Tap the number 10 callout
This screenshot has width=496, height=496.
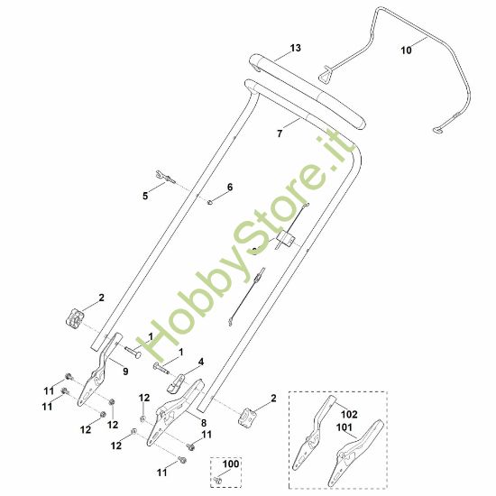pyautogui.click(x=406, y=51)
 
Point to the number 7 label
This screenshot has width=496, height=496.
pyautogui.click(x=280, y=133)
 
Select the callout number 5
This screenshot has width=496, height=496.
pyautogui.click(x=145, y=196)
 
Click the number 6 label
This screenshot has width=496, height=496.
pyautogui.click(x=229, y=187)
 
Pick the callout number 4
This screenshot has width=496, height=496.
pyautogui.click(x=201, y=362)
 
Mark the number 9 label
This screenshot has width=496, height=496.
pyautogui.click(x=124, y=371)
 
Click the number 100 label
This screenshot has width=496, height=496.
pyautogui.click(x=231, y=464)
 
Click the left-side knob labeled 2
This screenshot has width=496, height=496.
pyautogui.click(x=74, y=318)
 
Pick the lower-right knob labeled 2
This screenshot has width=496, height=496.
pyautogui.click(x=249, y=417)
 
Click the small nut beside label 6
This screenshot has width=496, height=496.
pyautogui.click(x=209, y=201)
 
